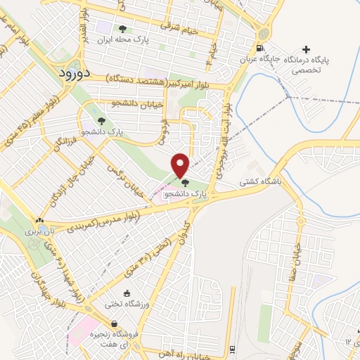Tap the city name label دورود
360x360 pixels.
pos(72,73)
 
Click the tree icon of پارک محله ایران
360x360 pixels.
pos(123,29)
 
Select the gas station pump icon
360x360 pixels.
pos(261,48)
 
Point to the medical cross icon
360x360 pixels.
pos(305,49)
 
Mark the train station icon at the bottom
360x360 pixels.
pos(233,349)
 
